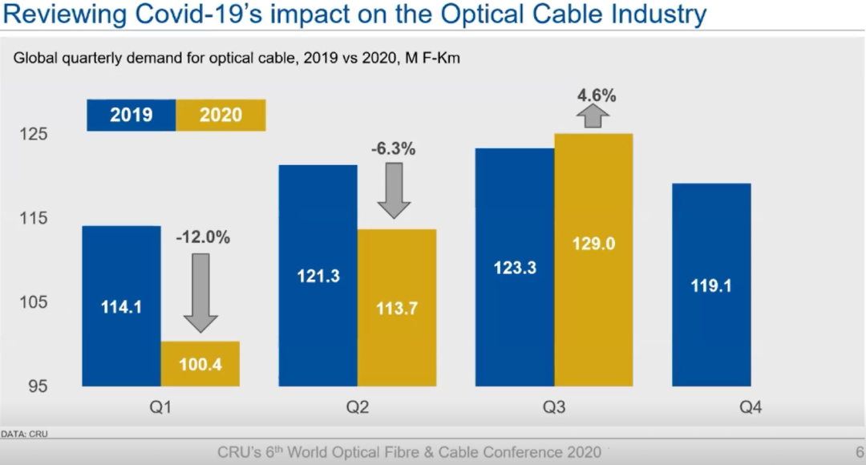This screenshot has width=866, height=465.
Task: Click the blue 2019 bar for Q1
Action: click(122, 306)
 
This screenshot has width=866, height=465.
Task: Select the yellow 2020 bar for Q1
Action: click(200, 364)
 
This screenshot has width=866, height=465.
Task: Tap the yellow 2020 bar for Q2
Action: click(397, 308)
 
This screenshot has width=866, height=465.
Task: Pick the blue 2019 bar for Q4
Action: click(711, 285)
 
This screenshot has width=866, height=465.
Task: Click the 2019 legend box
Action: click(132, 115)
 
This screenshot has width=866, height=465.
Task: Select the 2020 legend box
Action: click(221, 115)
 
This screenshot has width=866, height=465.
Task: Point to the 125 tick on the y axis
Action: click(34, 134)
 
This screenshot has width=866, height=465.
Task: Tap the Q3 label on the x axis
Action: click(554, 408)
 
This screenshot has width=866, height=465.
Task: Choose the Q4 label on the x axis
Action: click(750, 408)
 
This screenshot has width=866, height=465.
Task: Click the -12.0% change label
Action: click(203, 237)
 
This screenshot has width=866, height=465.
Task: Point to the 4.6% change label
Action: click(596, 96)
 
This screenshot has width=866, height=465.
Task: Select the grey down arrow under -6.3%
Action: click(394, 190)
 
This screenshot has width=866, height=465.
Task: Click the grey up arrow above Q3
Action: click(593, 116)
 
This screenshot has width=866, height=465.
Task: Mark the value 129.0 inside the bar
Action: click(593, 244)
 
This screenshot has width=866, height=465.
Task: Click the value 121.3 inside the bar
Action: click(318, 276)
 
